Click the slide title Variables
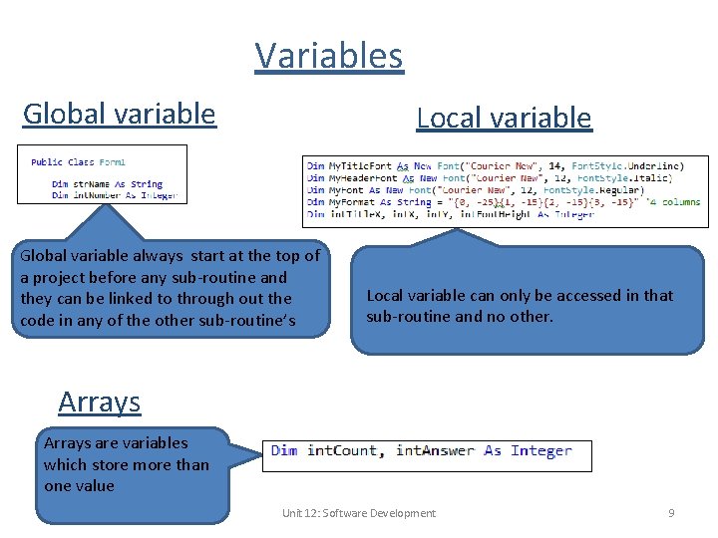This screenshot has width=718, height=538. pyautogui.click(x=329, y=56)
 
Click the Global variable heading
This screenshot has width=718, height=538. pyautogui.click(x=119, y=114)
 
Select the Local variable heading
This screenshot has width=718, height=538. pyautogui.click(x=504, y=118)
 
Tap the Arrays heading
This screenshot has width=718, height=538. pyautogui.click(x=99, y=402)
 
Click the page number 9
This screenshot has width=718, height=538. pyautogui.click(x=671, y=513)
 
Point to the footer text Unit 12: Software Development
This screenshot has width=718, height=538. pyautogui.click(x=358, y=513)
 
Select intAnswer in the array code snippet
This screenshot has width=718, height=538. pyautogui.click(x=435, y=451)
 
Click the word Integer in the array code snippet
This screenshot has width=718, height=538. pyautogui.click(x=540, y=451)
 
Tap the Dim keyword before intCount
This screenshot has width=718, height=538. pyautogui.click(x=284, y=451)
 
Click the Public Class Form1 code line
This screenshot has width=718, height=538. pyautogui.click(x=78, y=161)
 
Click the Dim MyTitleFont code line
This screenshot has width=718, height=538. pyautogui.click(x=495, y=165)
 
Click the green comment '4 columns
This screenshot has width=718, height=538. pyautogui.click(x=673, y=202)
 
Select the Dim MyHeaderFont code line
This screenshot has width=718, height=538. pyautogui.click(x=489, y=177)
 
